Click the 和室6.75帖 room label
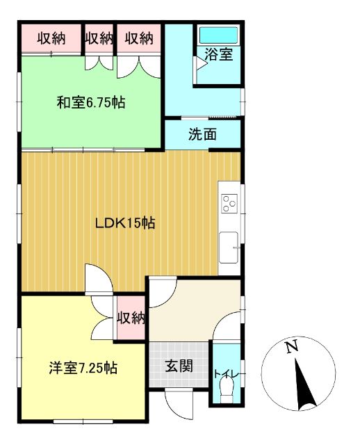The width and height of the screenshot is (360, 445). [x=90, y=103]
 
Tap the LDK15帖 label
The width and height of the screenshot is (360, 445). [x=124, y=223]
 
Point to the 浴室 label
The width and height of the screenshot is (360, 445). [x=218, y=56]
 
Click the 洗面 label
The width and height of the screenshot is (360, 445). [x=202, y=134]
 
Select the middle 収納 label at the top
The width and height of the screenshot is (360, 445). [x=99, y=38]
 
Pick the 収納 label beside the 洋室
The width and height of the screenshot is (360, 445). [x=131, y=318]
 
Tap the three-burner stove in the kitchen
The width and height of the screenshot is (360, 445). [x=229, y=204]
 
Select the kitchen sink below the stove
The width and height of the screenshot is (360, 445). [x=229, y=247]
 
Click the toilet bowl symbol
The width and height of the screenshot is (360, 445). [x=226, y=394]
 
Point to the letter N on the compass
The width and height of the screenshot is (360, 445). [x=293, y=346]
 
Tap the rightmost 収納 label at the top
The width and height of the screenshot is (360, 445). [x=139, y=38]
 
